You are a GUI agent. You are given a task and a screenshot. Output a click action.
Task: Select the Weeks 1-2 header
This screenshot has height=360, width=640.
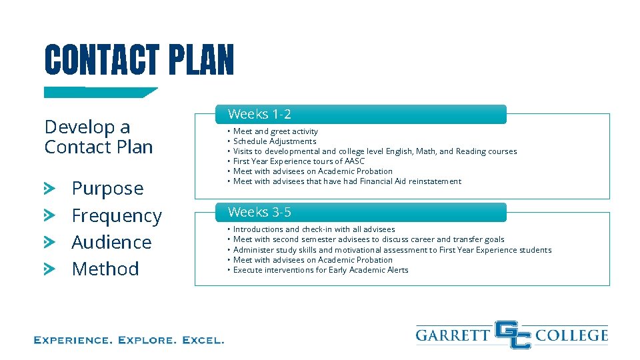click(x=260, y=115)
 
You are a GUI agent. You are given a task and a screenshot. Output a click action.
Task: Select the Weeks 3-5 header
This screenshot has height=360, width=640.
click(x=260, y=213)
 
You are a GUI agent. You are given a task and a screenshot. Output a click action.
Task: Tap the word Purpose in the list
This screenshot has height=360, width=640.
click(x=107, y=189)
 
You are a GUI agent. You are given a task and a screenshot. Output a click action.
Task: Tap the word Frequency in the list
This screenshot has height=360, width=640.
click(x=117, y=216)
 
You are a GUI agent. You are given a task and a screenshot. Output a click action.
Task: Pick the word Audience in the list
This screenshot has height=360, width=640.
click(x=111, y=242)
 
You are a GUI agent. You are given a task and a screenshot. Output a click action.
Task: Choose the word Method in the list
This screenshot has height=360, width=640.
click(x=105, y=269)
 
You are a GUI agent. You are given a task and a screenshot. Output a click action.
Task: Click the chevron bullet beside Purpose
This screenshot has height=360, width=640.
click(x=50, y=189)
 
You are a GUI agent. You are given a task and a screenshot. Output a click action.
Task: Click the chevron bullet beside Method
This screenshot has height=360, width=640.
click(x=50, y=269)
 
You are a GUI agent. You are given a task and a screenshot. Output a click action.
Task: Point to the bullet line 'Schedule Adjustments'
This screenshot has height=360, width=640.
click(x=275, y=141)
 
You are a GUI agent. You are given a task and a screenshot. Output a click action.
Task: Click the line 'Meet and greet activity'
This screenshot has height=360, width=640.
click(x=275, y=131)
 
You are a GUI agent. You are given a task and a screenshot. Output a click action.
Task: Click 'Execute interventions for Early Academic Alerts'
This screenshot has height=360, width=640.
click(x=321, y=270)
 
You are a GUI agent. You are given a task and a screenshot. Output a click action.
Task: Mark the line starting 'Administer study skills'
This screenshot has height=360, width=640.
click(x=392, y=250)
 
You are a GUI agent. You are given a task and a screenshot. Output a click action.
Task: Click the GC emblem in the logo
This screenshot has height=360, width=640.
click(x=513, y=335)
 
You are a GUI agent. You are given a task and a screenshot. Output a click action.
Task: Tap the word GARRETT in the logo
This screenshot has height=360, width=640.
click(x=453, y=335)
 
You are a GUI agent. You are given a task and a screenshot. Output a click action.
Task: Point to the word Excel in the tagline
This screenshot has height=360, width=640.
click(x=203, y=340)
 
